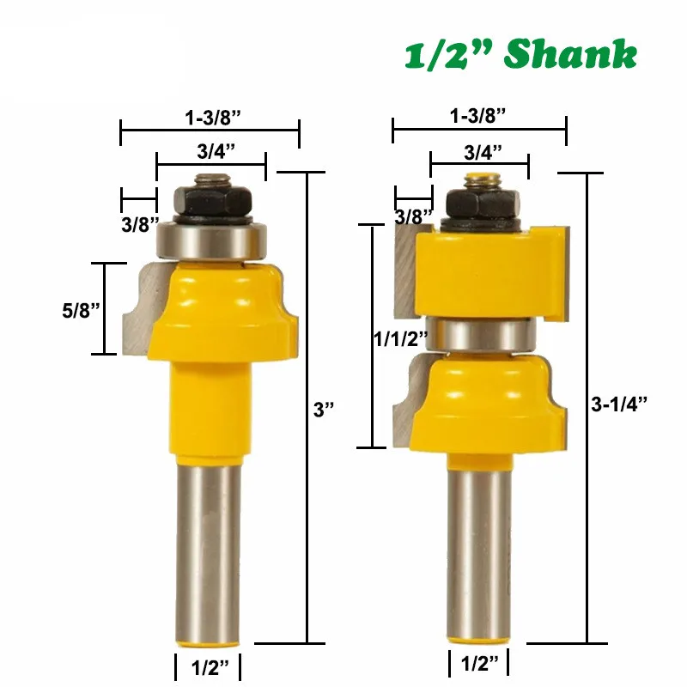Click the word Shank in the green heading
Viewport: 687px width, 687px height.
tap(570, 54)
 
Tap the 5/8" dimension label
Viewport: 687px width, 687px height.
tap(81, 310)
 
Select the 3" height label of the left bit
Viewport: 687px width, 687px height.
tap(324, 410)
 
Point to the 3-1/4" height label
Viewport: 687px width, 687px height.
tap(618, 404)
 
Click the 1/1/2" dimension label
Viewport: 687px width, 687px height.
tap(400, 338)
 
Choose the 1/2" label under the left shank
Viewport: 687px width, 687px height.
tap(210, 668)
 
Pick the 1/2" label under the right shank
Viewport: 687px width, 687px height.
tap(480, 664)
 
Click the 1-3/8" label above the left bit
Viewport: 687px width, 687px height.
tap(213, 118)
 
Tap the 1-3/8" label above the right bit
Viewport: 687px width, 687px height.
tap(478, 116)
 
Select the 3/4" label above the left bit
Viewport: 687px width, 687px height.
tap(216, 151)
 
